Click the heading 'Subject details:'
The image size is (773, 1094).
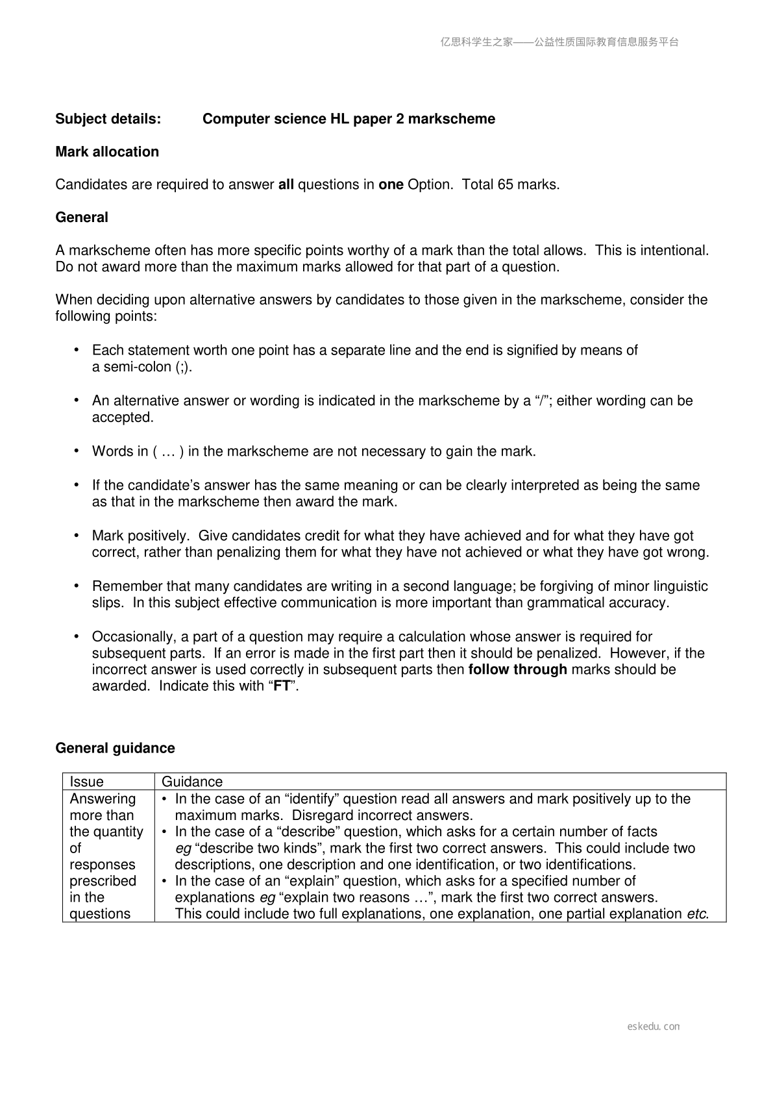108,119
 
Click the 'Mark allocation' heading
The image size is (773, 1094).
107,152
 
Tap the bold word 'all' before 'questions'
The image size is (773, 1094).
286,184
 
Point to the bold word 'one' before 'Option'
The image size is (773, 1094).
391,184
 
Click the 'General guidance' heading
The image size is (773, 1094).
115,748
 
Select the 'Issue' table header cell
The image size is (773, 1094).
86,782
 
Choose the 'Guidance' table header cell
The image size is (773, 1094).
191,782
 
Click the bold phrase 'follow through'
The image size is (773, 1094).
517,669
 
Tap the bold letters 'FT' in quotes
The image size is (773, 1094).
282,686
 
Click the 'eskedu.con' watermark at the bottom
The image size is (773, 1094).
653,1026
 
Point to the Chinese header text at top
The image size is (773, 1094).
559,42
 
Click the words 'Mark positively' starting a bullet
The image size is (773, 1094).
140,536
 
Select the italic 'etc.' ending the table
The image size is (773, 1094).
697,914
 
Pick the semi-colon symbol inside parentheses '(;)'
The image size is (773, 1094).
182,367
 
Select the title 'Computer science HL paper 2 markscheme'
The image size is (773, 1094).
349,119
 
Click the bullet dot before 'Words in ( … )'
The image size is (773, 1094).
77,451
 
